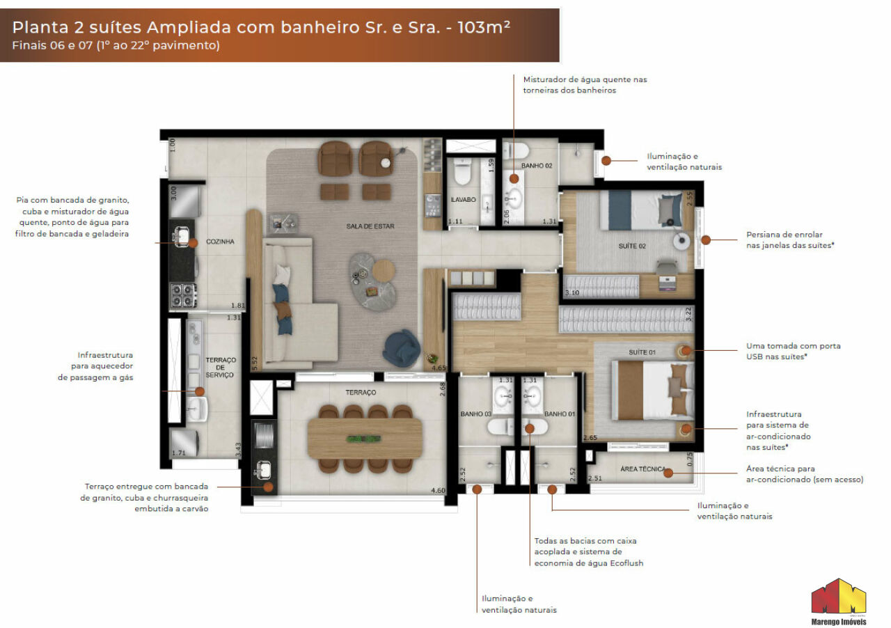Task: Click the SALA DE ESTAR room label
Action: [370, 226]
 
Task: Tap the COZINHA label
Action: [220, 242]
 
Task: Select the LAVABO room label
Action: [463, 199]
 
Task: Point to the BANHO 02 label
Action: [537, 166]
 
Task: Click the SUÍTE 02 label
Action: [632, 246]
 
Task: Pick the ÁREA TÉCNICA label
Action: [642, 469]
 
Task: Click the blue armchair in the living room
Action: [401, 347]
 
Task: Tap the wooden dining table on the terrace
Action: [365, 438]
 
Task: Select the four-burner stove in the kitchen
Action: [184, 295]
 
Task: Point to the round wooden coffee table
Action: [384, 271]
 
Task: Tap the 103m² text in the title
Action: [484, 27]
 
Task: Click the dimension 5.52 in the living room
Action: [255, 363]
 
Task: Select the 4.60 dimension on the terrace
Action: [438, 490]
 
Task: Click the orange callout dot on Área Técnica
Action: [668, 473]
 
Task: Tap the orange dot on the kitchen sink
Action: [193, 243]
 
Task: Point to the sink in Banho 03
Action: [505, 396]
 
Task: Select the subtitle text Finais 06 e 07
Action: [52, 45]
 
